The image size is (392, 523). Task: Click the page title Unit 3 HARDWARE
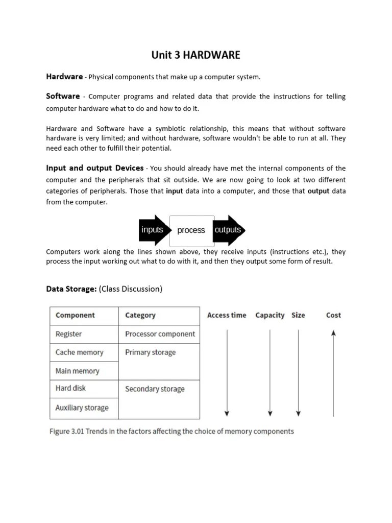pyautogui.click(x=196, y=55)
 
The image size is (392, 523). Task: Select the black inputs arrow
pyautogui.click(x=154, y=230)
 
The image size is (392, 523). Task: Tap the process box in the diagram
pyautogui.click(x=191, y=230)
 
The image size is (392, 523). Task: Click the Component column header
pyautogui.click(x=75, y=315)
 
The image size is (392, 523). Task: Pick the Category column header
pyautogui.click(x=140, y=315)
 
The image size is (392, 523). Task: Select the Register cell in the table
pyautogui.click(x=68, y=334)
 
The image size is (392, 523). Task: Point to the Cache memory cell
pyautogui.click(x=79, y=352)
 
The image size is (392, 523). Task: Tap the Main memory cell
pyautogui.click(x=77, y=371)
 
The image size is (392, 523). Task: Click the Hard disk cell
pyautogui.click(x=70, y=388)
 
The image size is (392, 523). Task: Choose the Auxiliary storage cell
pyautogui.click(x=82, y=408)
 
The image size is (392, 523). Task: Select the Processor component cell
pyautogui.click(x=160, y=334)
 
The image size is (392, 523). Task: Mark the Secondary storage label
pyautogui.click(x=155, y=389)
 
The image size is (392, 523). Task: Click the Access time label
pyautogui.click(x=227, y=315)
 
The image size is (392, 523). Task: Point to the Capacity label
pyautogui.click(x=269, y=315)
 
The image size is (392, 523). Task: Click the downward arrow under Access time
pyautogui.click(x=227, y=372)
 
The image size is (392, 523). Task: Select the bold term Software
pyautogui.click(x=63, y=96)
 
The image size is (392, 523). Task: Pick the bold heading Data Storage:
pyautogui.click(x=71, y=289)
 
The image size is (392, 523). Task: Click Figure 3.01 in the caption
pyautogui.click(x=66, y=431)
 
